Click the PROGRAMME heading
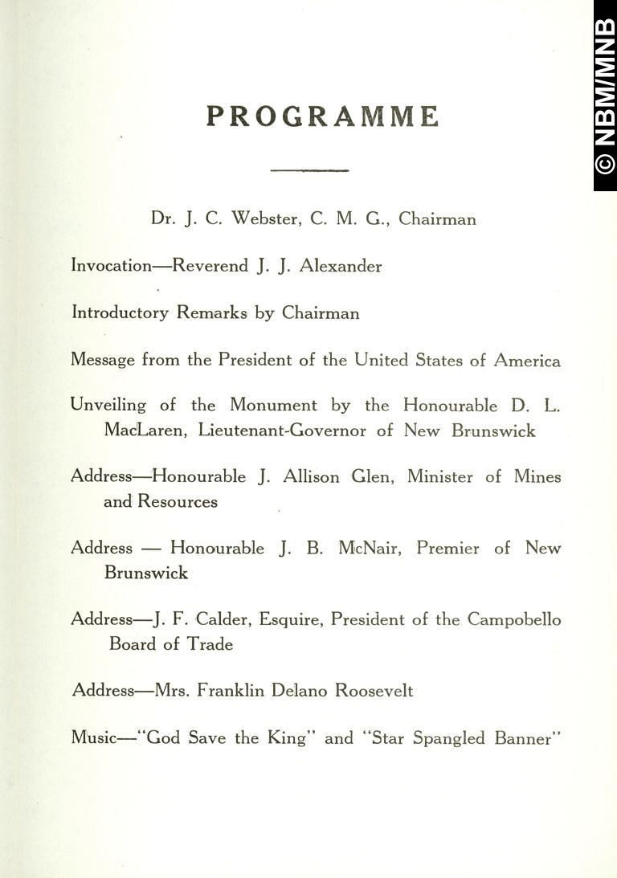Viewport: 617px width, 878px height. click(323, 116)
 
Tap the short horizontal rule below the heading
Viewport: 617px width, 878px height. click(309, 170)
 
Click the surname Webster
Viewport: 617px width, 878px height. click(266, 218)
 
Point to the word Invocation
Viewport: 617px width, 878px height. click(111, 266)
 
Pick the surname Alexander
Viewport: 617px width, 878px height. click(341, 266)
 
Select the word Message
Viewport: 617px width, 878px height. click(103, 361)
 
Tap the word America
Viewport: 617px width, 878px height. click(527, 361)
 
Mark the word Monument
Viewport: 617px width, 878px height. click(273, 406)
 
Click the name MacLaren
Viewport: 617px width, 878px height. click(145, 431)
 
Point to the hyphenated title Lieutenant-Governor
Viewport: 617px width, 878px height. click(284, 431)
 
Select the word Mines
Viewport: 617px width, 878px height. click(537, 476)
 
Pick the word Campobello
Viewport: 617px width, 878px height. click(515, 619)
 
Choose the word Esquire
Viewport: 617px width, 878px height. click(288, 620)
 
